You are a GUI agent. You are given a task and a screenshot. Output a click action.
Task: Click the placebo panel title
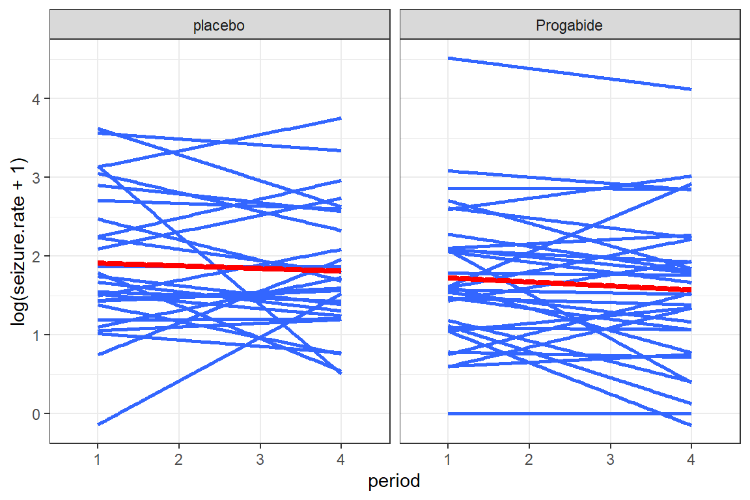[x=219, y=26]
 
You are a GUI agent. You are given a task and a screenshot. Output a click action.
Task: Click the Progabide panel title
[x=570, y=26]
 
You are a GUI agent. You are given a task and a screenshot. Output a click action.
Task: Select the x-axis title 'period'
[x=394, y=482]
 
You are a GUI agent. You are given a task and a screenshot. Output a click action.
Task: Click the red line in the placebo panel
[x=219, y=266]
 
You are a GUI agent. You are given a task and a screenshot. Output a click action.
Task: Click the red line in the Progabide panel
[x=570, y=284]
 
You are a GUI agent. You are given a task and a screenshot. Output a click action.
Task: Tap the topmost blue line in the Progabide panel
[x=570, y=74]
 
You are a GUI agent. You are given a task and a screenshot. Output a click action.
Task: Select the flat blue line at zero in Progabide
[x=570, y=413]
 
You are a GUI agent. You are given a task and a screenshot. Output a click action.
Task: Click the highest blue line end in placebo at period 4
[x=340, y=118]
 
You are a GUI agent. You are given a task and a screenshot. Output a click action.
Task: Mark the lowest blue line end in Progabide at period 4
[x=689, y=424]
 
